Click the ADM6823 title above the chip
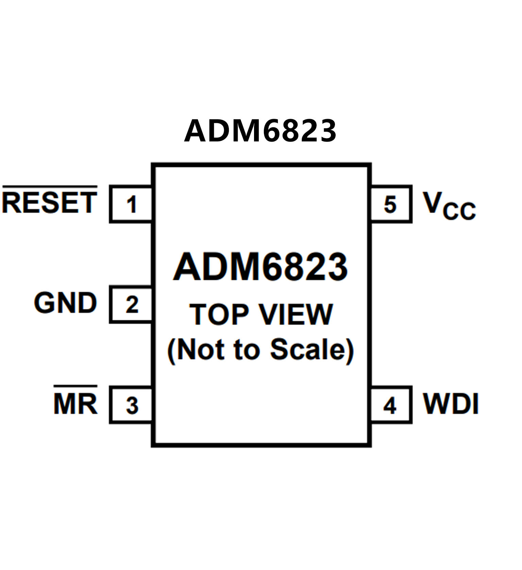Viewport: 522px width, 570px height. point(260,131)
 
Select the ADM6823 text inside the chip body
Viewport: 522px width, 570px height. point(260,267)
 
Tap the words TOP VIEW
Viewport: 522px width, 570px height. point(261,314)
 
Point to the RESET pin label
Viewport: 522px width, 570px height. point(50,203)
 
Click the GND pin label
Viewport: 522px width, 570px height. point(65,303)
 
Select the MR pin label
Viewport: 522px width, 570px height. point(75,404)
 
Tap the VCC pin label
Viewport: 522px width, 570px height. point(449,205)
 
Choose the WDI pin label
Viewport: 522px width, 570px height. point(451,404)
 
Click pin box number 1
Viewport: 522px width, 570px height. point(131,204)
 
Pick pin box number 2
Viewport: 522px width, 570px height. point(131,304)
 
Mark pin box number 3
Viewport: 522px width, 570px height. point(131,405)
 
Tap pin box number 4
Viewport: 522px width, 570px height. point(390,405)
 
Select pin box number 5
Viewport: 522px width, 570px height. point(390,204)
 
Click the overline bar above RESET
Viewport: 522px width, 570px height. point(50,187)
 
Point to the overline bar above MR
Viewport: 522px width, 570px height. point(75,387)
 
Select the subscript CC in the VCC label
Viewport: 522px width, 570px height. point(459,211)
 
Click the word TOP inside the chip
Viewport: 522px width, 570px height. point(219,314)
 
